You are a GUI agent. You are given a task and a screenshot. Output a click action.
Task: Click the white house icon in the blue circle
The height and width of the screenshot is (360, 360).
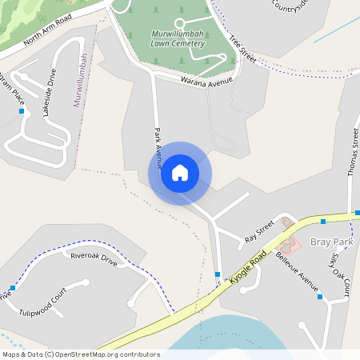click(x=180, y=173)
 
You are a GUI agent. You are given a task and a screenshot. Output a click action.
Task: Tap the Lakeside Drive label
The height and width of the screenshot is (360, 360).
click(x=50, y=94)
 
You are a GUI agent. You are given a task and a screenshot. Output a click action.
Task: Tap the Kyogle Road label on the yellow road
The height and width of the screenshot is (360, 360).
click(x=247, y=268)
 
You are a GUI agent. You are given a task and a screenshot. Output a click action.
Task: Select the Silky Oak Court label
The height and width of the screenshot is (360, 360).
click(x=341, y=272)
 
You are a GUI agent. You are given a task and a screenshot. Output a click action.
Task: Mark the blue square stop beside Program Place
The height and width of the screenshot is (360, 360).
click(x=21, y=111)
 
